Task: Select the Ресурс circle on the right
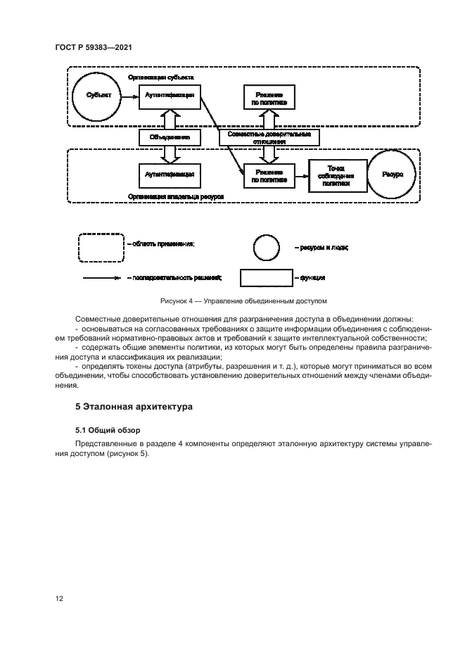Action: tap(392, 175)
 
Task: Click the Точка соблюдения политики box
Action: tap(339, 175)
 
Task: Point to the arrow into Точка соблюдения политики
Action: tap(302, 175)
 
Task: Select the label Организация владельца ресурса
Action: tap(175, 198)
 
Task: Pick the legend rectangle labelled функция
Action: tap(265, 278)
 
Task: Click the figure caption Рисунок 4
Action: tap(244, 301)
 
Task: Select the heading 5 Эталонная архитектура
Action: tap(134, 407)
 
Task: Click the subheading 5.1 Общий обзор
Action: tap(108, 429)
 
